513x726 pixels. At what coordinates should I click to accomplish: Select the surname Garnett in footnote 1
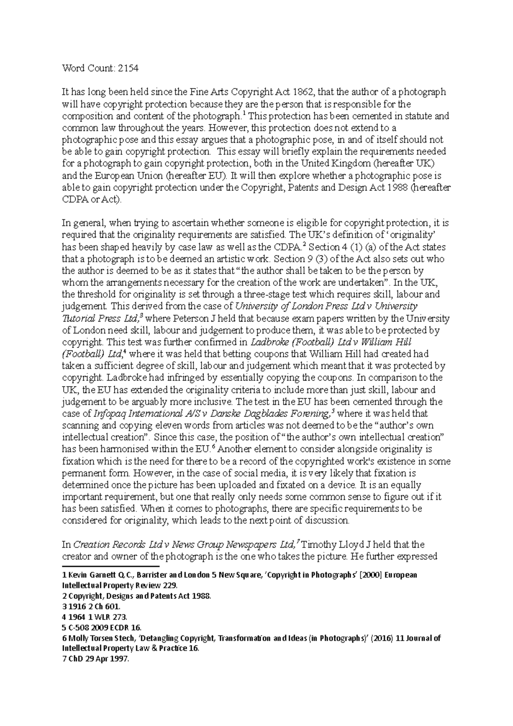click(x=98, y=575)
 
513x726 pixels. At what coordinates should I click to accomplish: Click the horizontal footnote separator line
click(x=98, y=567)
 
